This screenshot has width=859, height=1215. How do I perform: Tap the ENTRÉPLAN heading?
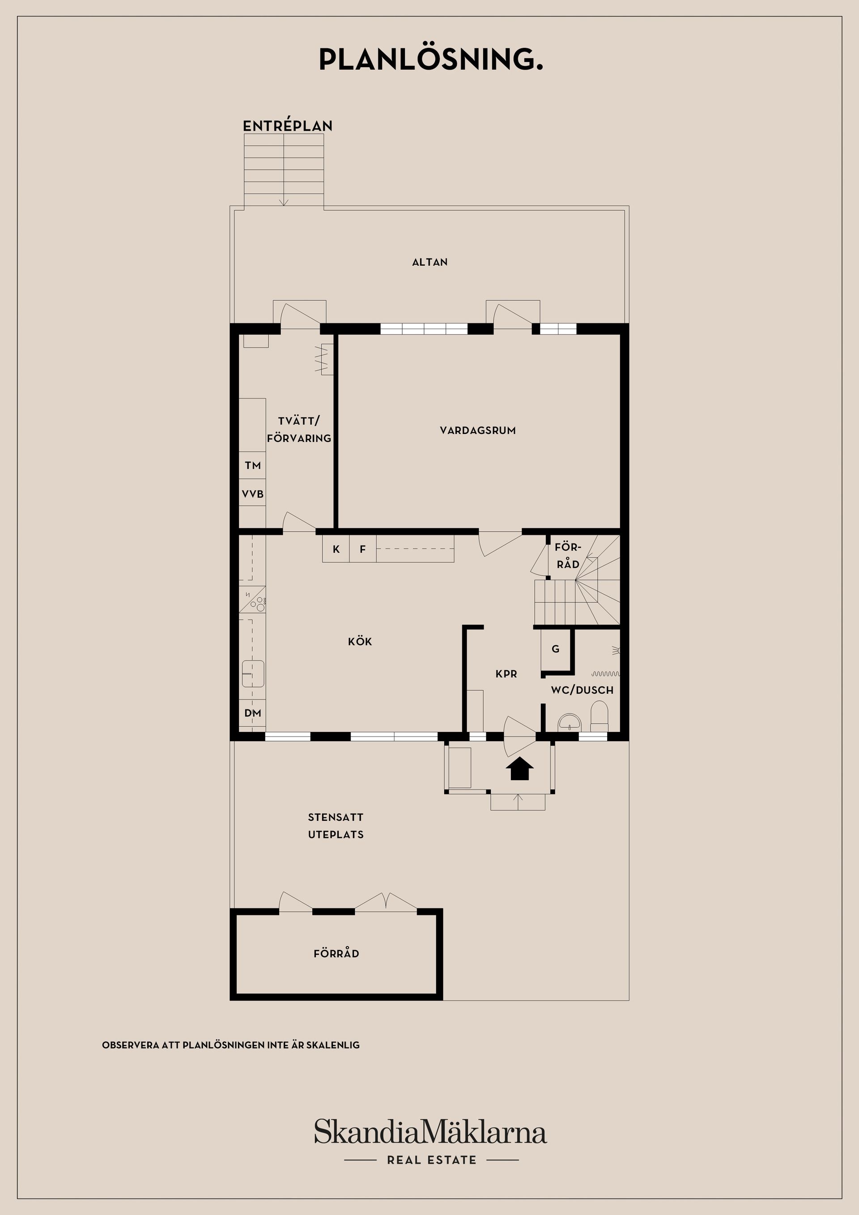287,126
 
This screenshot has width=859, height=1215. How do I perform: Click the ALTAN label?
430,262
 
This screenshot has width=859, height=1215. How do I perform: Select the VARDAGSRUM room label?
477,430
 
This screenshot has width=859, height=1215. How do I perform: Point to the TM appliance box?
252,465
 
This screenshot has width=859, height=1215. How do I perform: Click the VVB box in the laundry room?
252,494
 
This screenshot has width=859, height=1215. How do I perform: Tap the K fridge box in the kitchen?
336,549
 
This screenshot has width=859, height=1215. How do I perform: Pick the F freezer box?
362,549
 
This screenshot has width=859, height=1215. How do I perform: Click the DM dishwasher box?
252,713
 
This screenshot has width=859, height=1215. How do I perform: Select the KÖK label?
360,641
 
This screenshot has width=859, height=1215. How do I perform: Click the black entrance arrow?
520,769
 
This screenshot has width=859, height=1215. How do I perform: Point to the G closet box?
555,649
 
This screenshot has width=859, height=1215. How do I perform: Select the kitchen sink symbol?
253,673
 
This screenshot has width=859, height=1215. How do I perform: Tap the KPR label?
506,674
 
